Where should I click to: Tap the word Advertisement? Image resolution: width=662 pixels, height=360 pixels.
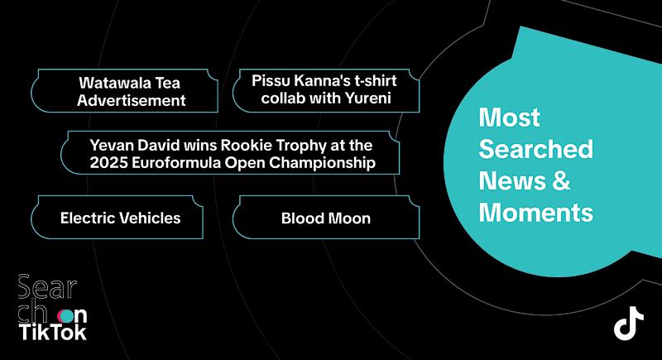click(x=132, y=100)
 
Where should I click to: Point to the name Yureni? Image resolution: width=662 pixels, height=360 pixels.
click(x=368, y=98)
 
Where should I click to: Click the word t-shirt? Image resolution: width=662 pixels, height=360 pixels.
click(x=376, y=80)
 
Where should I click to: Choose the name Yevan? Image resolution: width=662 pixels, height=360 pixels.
click(x=112, y=145)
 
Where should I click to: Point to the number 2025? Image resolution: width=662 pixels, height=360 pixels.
click(x=108, y=162)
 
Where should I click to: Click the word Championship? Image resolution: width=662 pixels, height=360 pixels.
click(x=322, y=163)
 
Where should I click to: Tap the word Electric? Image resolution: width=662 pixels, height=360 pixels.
click(x=89, y=218)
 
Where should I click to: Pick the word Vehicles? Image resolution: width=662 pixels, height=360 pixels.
click(x=151, y=218)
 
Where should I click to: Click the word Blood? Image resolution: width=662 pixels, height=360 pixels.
click(x=300, y=218)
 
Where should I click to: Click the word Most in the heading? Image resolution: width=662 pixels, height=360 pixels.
click(x=509, y=118)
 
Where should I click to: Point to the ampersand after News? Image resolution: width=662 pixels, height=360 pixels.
click(x=561, y=180)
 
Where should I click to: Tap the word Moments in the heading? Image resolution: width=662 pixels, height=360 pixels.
click(x=536, y=213)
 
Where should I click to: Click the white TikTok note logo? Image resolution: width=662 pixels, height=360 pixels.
click(x=629, y=323)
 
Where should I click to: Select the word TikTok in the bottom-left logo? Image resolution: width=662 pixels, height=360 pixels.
click(x=53, y=332)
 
